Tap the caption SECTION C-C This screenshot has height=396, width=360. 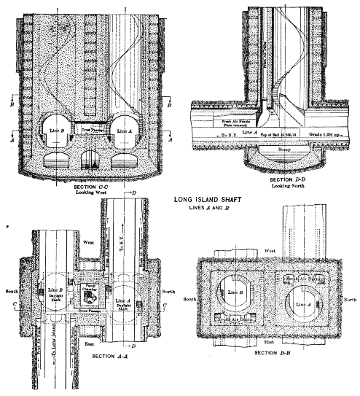pos(93,187)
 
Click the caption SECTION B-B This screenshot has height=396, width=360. pos(275,353)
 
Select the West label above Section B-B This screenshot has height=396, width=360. pos(270,249)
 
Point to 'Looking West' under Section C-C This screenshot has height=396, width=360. pos(93,194)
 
